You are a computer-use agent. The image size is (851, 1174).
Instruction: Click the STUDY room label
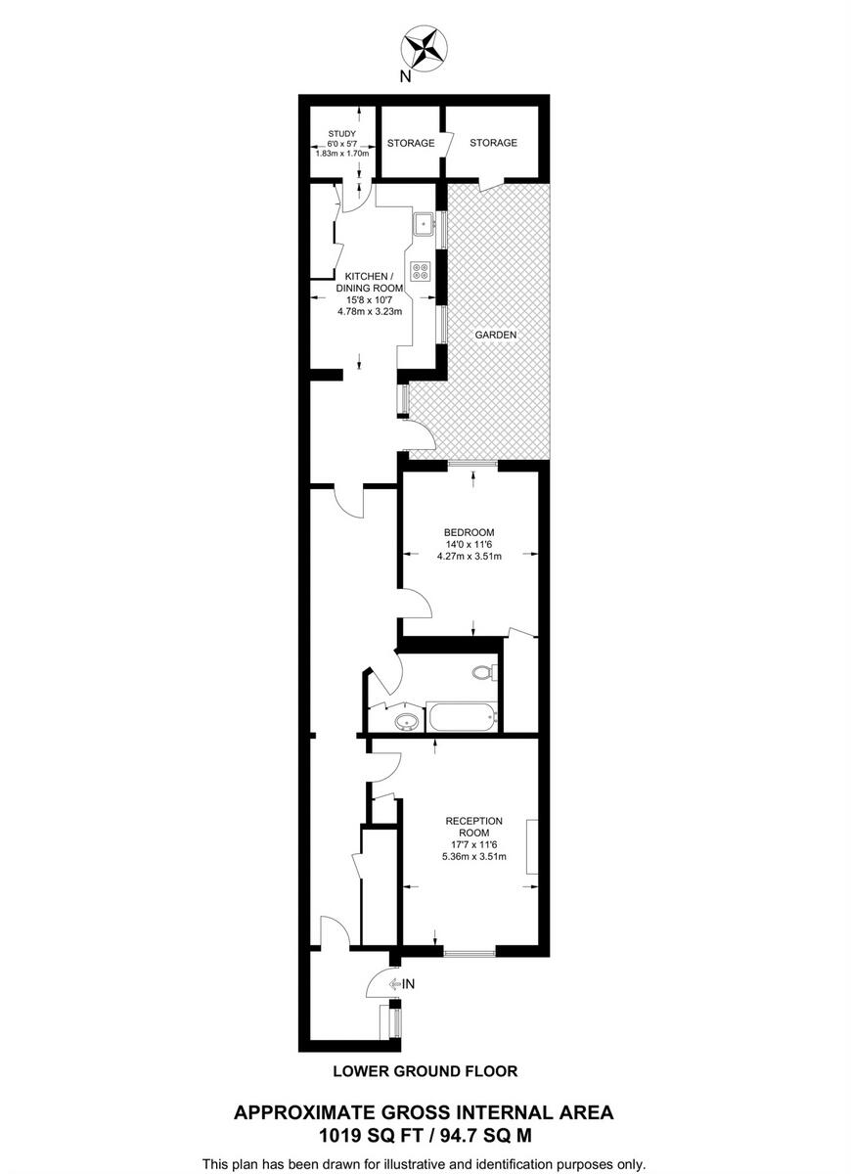tap(341, 134)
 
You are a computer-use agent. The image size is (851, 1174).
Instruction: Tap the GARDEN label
tap(495, 335)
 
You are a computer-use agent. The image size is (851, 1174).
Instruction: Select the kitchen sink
tap(424, 224)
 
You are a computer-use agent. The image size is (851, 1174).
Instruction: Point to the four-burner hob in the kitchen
tap(423, 271)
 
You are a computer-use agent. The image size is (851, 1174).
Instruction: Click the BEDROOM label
tap(469, 532)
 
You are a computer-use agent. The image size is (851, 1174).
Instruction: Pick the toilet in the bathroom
tap(482, 672)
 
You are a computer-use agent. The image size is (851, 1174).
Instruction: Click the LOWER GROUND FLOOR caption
tap(425, 1071)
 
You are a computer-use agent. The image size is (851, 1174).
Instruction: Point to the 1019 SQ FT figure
tap(373, 1136)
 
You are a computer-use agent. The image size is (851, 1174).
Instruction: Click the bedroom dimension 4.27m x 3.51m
tap(469, 557)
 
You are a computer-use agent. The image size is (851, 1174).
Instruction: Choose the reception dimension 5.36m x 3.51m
tap(474, 857)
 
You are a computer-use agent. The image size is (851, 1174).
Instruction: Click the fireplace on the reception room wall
tap(532, 847)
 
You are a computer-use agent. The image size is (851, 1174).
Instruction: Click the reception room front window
tap(470, 952)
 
